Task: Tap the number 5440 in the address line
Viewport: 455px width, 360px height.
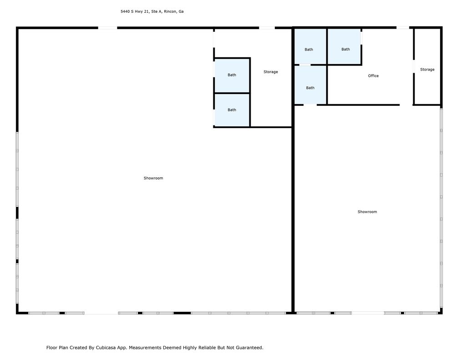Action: click(125, 12)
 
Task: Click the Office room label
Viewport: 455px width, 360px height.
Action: click(373, 76)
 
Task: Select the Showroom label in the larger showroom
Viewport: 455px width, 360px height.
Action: click(153, 178)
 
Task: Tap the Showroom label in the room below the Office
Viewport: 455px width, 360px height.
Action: click(367, 212)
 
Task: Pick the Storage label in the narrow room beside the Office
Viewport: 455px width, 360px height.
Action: click(427, 70)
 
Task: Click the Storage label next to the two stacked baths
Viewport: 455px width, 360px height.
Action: click(270, 72)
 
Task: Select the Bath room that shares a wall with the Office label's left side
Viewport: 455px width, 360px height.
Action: click(310, 85)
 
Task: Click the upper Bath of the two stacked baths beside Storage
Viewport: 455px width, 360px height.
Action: click(232, 75)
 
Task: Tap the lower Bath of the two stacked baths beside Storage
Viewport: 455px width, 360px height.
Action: click(232, 110)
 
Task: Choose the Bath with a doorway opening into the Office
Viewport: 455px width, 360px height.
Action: click(344, 46)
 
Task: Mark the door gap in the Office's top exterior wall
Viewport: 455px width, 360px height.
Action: click(403, 28)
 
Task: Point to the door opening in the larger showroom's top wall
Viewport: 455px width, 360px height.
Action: click(108, 28)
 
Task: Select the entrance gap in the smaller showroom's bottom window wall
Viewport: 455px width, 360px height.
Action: click(368, 313)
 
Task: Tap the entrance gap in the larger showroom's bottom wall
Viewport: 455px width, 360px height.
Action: click(101, 313)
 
